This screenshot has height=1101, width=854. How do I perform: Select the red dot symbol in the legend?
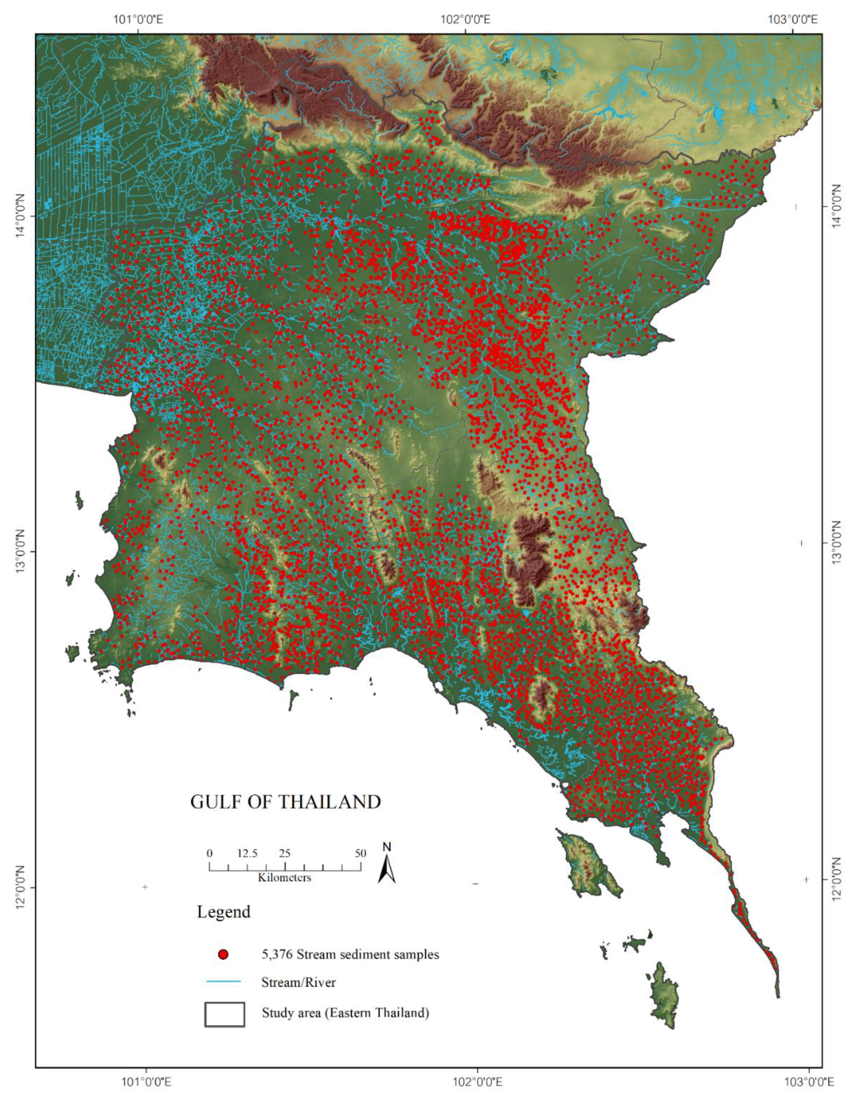(x=223, y=954)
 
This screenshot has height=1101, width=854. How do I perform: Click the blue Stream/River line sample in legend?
(x=223, y=982)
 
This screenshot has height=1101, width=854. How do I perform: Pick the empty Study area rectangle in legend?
(x=225, y=1014)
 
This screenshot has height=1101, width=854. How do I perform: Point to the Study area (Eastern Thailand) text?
(x=345, y=1013)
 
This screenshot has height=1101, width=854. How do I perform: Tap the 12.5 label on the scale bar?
(x=248, y=853)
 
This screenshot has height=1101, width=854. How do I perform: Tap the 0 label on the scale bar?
(x=210, y=853)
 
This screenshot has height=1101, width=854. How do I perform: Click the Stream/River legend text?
(x=298, y=982)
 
